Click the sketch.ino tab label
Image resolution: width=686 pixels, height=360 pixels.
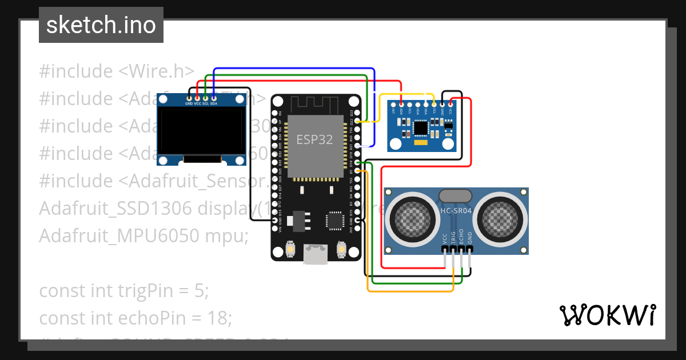tap(101, 25)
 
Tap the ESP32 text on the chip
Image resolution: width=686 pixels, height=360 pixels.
tap(314, 139)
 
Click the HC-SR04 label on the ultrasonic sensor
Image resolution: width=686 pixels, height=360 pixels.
tap(456, 210)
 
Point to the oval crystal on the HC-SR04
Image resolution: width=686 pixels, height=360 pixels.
tap(456, 195)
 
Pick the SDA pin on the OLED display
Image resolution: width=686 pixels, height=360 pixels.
tap(214, 98)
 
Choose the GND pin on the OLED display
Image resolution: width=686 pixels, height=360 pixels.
tap(189, 98)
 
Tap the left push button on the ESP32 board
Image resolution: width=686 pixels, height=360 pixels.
tap(290, 249)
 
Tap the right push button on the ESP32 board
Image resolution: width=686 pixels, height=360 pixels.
tap(341, 249)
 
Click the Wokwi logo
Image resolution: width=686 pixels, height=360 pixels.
tap(607, 315)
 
